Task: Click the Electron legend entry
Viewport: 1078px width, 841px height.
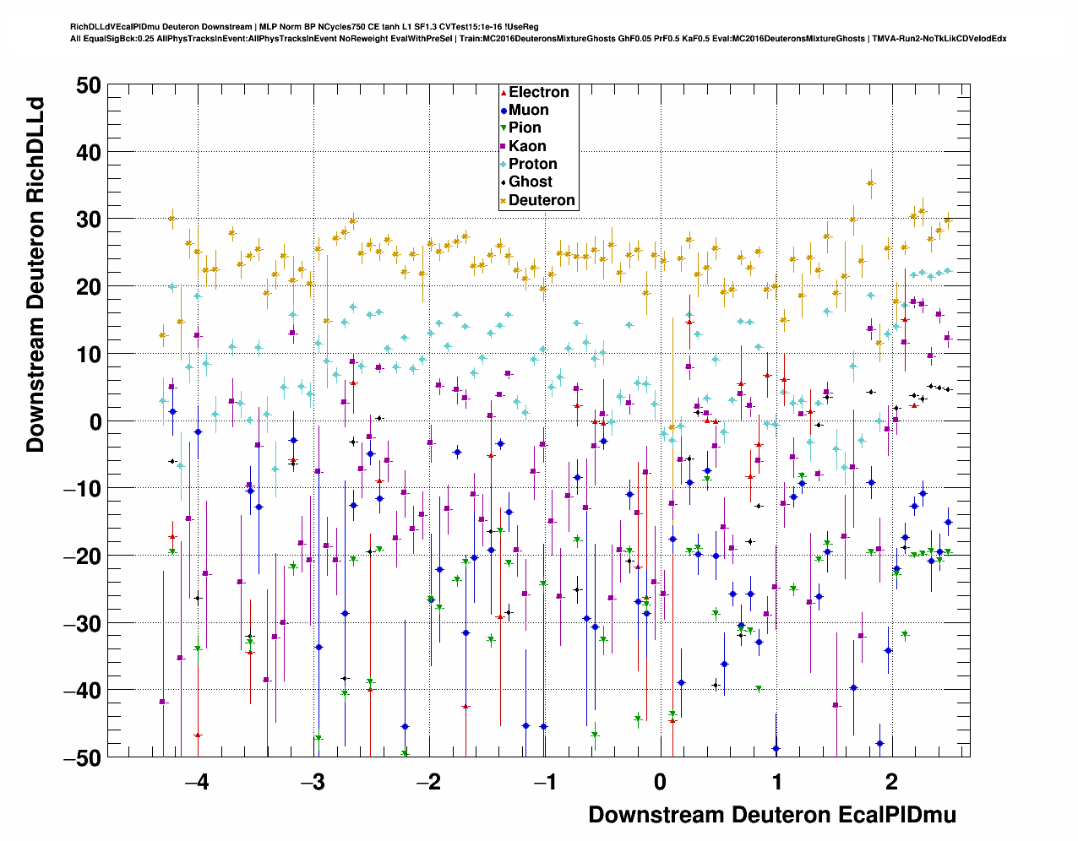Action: click(538, 92)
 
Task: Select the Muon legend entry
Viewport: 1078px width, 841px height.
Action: click(528, 110)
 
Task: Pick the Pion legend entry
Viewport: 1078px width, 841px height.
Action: click(525, 128)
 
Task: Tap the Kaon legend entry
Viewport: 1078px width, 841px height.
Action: click(527, 146)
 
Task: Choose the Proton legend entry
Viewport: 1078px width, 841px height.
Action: click(532, 164)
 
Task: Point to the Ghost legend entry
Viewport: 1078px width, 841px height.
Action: click(530, 182)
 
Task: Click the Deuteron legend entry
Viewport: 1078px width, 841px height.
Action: click(542, 200)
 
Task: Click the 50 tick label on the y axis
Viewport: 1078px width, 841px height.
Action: click(87, 84)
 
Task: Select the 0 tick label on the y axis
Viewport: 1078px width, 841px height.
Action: click(95, 421)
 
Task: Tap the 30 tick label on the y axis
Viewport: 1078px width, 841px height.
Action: click(87, 220)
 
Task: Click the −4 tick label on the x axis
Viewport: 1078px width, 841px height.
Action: click(197, 782)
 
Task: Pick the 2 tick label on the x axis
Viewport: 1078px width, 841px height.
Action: click(892, 782)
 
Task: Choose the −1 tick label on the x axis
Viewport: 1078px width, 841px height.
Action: click(544, 782)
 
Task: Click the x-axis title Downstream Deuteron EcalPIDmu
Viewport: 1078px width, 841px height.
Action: click(772, 815)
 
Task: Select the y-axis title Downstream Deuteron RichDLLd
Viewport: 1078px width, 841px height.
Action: click(35, 275)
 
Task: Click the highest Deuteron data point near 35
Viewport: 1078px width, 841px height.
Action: click(870, 183)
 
